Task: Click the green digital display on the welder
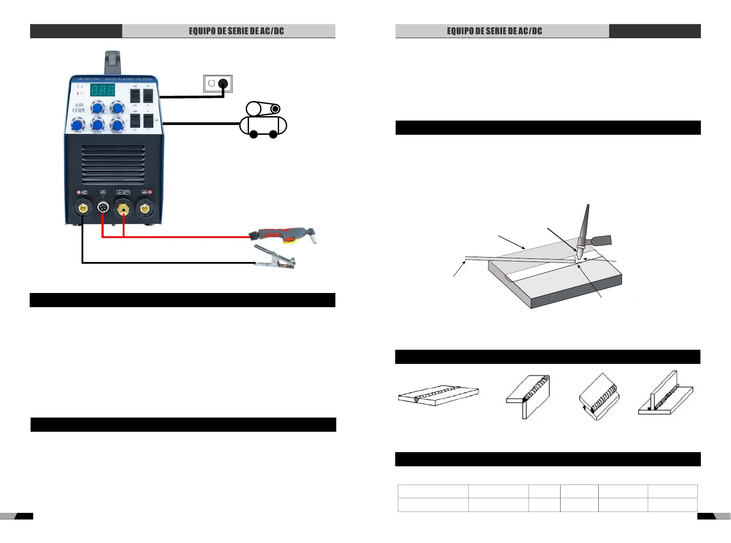103,90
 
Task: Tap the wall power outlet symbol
218,83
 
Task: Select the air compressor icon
263,121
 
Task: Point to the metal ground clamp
275,258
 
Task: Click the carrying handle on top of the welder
113,62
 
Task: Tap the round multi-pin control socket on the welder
103,207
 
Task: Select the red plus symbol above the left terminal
78,192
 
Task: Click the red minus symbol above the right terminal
150,192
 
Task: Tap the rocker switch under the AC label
135,96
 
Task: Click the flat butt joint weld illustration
438,395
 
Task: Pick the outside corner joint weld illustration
528,396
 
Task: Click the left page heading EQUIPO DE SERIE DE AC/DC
236,31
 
